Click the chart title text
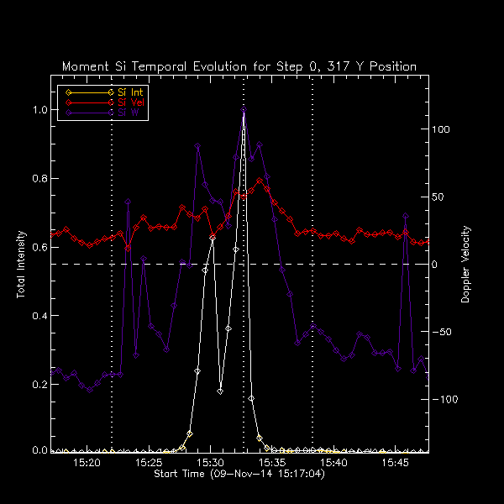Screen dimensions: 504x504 pyautogui.click(x=239, y=66)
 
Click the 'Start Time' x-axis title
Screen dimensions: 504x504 pyautogui.click(x=239, y=475)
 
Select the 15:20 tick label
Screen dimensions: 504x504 pyautogui.click(x=87, y=463)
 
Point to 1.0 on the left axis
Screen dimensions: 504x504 pyautogui.click(x=40, y=110)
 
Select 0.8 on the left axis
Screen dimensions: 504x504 pyautogui.click(x=40, y=179)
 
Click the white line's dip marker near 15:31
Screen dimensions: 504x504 pyautogui.click(x=220, y=391)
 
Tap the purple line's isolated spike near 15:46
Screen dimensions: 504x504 pyautogui.click(x=406, y=216)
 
